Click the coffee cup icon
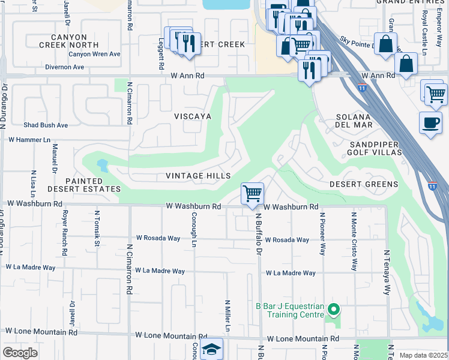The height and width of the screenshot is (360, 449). point(430,122)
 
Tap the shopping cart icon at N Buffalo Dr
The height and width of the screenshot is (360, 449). point(253,194)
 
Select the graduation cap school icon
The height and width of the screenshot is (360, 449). point(211,349)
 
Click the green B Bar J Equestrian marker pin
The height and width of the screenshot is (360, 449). point(334,310)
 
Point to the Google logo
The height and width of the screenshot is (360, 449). point(20,353)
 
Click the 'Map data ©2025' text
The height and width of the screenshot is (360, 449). point(423,355)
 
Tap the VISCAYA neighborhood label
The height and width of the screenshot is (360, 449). point(192,116)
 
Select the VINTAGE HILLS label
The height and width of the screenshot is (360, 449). point(198,176)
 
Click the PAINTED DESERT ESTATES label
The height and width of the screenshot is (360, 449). point(84,185)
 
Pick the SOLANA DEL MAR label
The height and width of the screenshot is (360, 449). point(354,120)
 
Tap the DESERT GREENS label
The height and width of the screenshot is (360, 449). point(364,184)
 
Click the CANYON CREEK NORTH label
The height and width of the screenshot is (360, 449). point(71,41)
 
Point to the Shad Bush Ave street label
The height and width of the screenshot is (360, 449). point(46,125)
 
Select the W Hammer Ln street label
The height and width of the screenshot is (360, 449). point(29,139)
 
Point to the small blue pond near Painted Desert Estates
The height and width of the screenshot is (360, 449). point(101,164)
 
